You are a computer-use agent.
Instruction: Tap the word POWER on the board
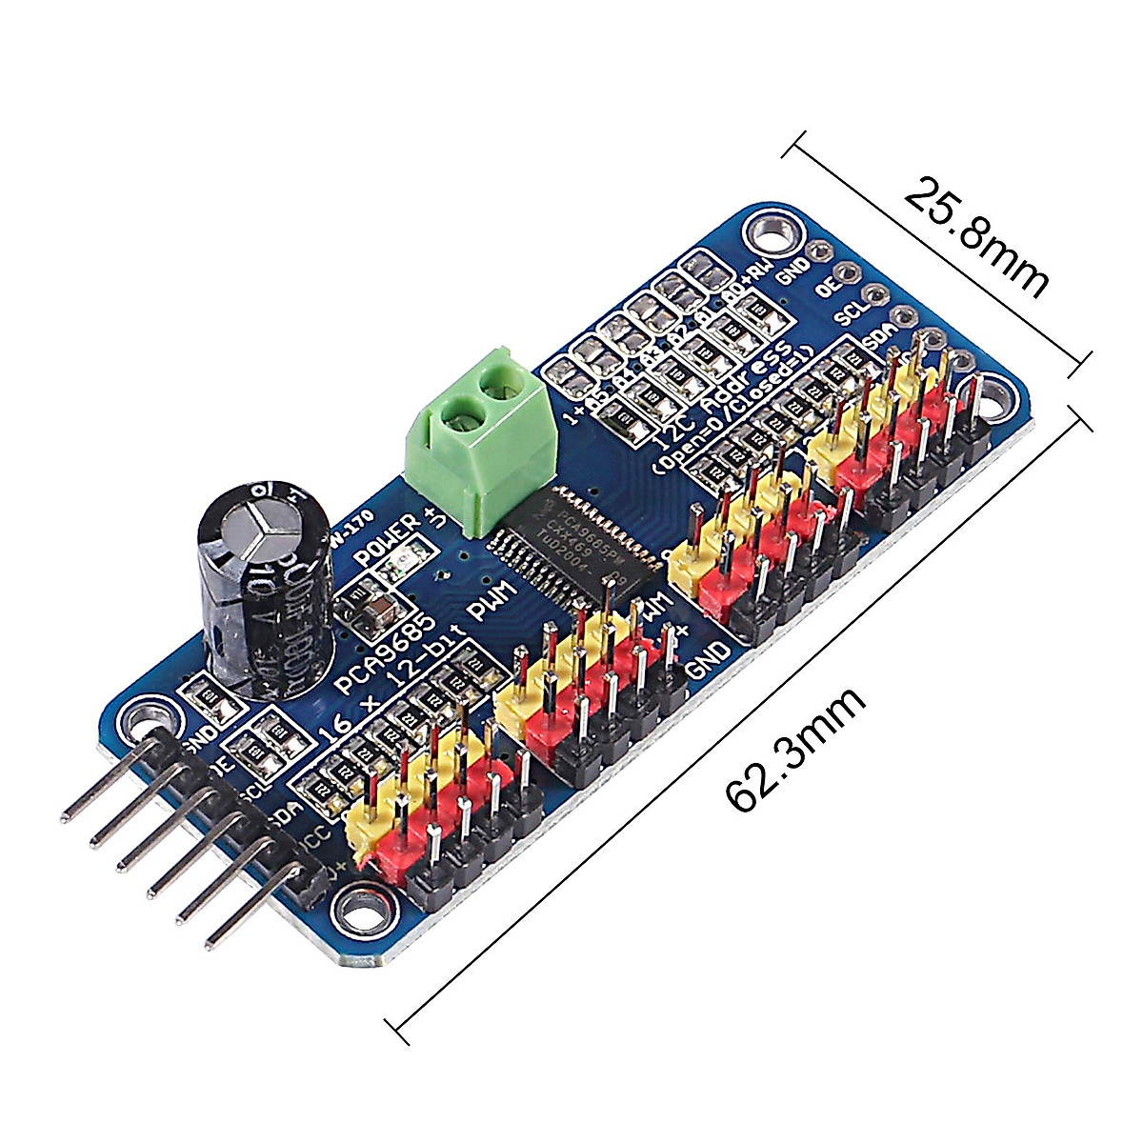386,542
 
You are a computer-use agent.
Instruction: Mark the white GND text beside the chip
710,658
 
